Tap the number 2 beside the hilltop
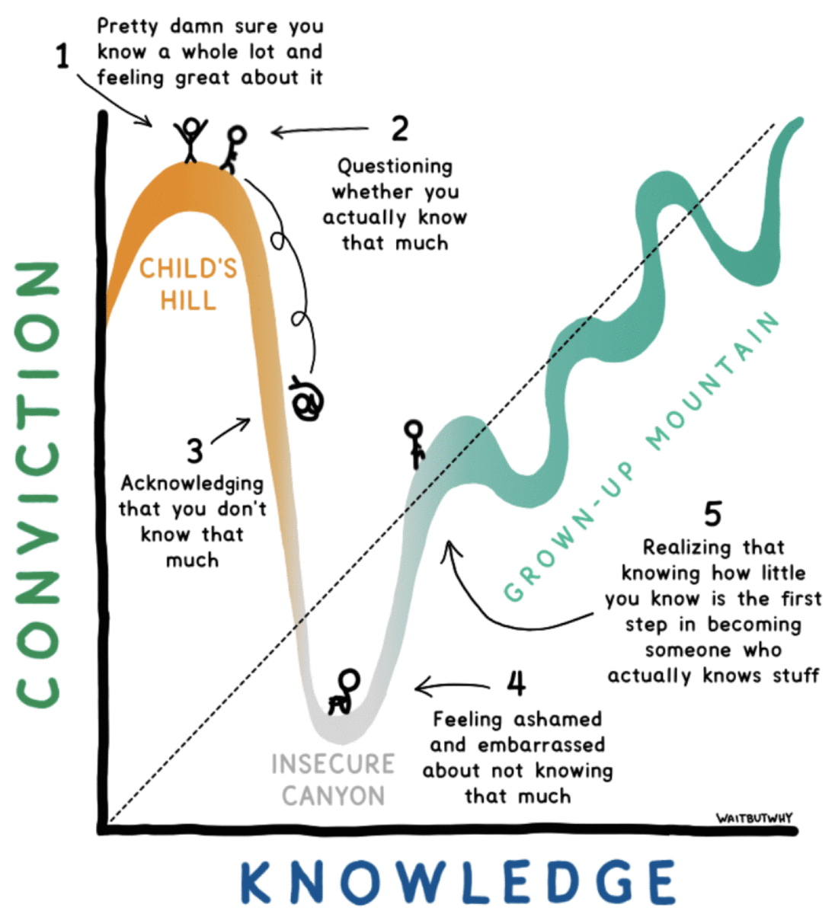point(400,129)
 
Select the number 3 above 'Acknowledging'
point(195,451)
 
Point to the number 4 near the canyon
point(516,683)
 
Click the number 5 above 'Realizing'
point(712,514)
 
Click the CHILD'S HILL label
point(188,284)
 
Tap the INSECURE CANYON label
point(333,779)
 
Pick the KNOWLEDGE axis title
point(457,881)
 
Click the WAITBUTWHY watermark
point(753,818)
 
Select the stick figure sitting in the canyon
point(344,692)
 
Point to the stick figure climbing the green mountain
point(414,443)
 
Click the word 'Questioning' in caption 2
point(395,166)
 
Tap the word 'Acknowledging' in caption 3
point(192,483)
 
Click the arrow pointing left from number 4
point(454,688)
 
